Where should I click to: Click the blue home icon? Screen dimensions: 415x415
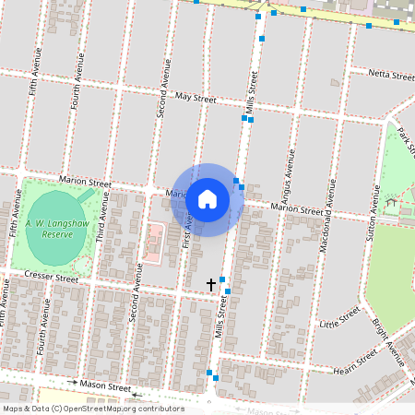click(x=207, y=199)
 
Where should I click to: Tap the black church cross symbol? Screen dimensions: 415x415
click(x=211, y=284)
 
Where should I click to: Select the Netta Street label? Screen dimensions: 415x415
click(x=391, y=74)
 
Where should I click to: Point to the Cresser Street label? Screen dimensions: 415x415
click(x=52, y=277)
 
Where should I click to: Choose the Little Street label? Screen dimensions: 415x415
click(x=338, y=319)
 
